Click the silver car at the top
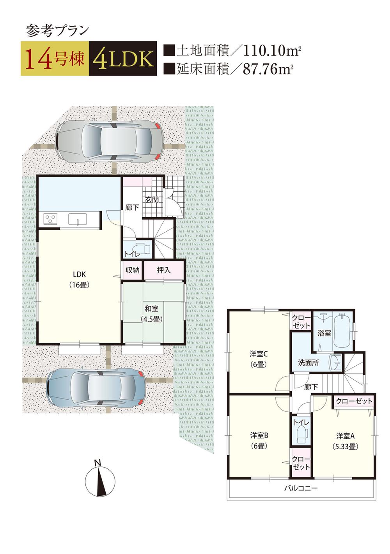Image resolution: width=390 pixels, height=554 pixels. [x=108, y=141]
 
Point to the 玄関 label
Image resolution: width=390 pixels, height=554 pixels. [x=152, y=200]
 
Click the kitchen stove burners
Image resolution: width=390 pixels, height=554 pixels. [x=51, y=219]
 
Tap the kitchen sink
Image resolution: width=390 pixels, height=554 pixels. [x=78, y=219]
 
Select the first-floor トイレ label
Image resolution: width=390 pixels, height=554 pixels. [x=132, y=254]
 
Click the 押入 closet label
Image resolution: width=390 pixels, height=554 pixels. [x=163, y=270]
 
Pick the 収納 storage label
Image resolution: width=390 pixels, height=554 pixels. [x=133, y=270]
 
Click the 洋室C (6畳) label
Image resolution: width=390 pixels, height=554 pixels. [x=259, y=359]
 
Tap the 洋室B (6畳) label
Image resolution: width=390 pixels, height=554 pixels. [x=259, y=440]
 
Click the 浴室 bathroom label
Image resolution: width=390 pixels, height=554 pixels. [x=324, y=333]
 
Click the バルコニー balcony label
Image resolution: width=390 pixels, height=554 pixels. [x=301, y=488]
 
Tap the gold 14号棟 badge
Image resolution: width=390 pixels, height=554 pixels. [x=55, y=59]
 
